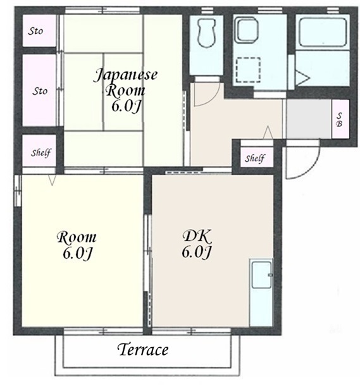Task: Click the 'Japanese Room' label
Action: [x=125, y=83]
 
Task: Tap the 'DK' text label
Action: [x=197, y=237]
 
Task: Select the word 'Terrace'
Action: [x=144, y=350]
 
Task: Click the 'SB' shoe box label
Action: [x=339, y=120]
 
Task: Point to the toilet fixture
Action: [x=206, y=33]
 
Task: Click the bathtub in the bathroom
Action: [x=323, y=32]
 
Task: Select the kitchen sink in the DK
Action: [x=261, y=275]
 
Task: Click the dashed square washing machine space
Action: [x=248, y=70]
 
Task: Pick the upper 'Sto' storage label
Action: [x=35, y=31]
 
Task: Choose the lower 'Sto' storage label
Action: [x=40, y=91]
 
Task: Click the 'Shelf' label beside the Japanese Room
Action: [x=41, y=152]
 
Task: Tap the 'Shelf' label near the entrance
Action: [x=255, y=158]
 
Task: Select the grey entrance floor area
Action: [x=309, y=119]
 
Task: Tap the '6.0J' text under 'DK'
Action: [x=197, y=252]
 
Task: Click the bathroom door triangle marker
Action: [x=303, y=78]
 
